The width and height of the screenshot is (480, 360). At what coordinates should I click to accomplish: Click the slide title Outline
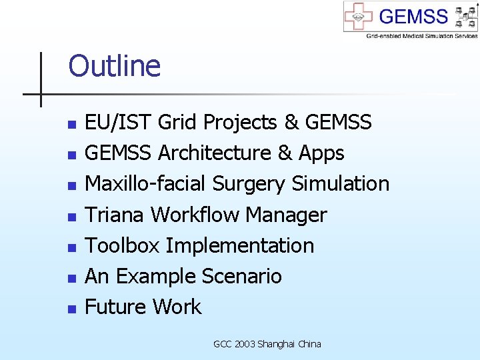point(114,67)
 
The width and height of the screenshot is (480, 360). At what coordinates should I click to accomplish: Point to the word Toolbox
point(123,245)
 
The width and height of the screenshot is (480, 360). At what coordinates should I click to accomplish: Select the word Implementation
point(240,245)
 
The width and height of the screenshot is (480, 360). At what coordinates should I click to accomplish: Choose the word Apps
point(321,153)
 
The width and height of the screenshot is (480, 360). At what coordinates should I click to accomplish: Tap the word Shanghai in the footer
point(277,344)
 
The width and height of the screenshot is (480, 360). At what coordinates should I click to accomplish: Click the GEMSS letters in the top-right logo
point(413,16)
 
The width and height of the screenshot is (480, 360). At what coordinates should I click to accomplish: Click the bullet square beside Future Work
point(72,309)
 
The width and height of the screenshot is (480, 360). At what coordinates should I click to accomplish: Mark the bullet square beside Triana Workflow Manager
point(72,217)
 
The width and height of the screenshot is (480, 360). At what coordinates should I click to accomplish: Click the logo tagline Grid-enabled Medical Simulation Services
point(421,35)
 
